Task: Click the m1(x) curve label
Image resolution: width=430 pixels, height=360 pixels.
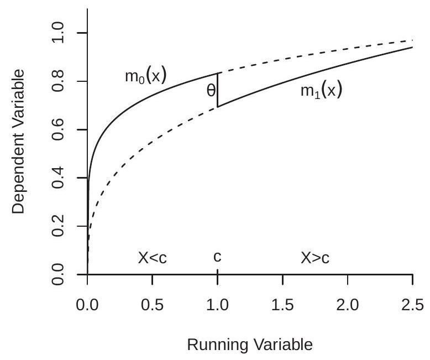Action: [321, 91]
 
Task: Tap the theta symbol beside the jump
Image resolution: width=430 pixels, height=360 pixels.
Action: [211, 91]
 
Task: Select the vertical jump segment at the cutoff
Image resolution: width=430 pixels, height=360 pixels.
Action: [218, 90]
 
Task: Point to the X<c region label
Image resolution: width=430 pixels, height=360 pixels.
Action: [152, 258]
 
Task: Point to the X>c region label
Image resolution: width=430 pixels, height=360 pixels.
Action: [315, 258]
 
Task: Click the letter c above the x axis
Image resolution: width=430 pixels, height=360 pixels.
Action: [217, 258]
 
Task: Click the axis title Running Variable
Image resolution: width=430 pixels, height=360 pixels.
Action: [250, 344]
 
